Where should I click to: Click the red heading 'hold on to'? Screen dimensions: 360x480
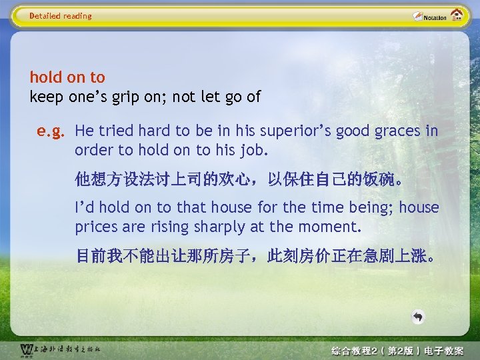pyautogui.click(x=67, y=78)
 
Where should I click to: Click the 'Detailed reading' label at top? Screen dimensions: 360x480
pyautogui.click(x=61, y=16)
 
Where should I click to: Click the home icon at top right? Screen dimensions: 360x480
pyautogui.click(x=457, y=15)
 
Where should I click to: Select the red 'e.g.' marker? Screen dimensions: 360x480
pyautogui.click(x=50, y=131)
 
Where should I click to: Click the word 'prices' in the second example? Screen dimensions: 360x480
pyautogui.click(x=95, y=227)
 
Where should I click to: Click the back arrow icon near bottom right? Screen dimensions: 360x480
pyautogui.click(x=417, y=317)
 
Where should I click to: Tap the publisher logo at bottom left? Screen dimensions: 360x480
pyautogui.click(x=60, y=350)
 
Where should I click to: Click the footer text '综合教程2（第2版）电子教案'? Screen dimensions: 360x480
pyautogui.click(x=397, y=351)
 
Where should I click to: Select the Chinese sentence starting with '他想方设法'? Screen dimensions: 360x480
pyautogui.click(x=239, y=179)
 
